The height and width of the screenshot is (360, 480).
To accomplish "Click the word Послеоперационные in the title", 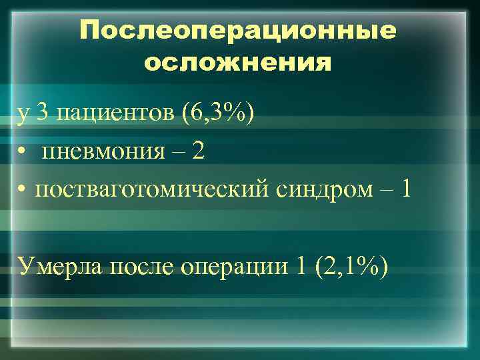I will click(x=237, y=31).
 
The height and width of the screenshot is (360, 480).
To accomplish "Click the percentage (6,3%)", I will click(x=216, y=115).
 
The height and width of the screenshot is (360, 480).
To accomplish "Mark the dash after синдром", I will click(x=385, y=191).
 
